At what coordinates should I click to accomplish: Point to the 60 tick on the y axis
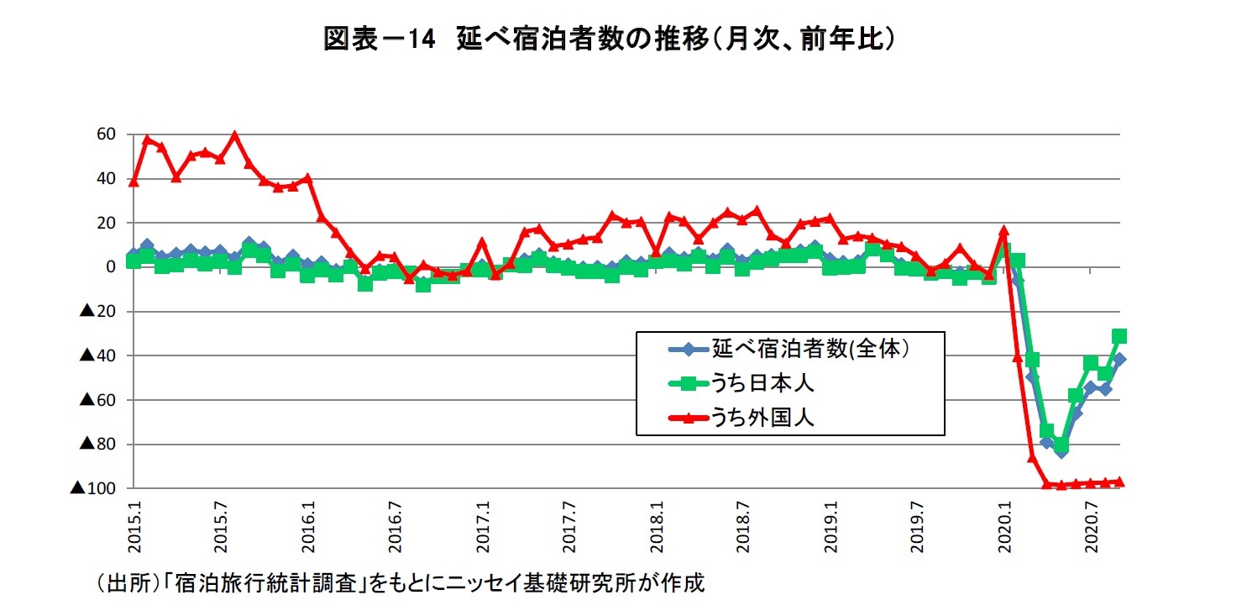click(107, 134)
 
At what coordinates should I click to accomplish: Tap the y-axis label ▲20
click(97, 312)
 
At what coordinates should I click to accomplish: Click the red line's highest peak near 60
click(234, 134)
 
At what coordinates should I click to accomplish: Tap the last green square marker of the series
click(1119, 336)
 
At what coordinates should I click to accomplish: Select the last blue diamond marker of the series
click(1119, 360)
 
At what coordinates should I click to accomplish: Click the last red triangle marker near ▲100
click(1119, 482)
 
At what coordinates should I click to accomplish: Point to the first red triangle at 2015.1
click(134, 181)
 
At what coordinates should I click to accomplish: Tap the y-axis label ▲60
click(97, 400)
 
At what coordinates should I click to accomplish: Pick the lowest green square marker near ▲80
click(1061, 444)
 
